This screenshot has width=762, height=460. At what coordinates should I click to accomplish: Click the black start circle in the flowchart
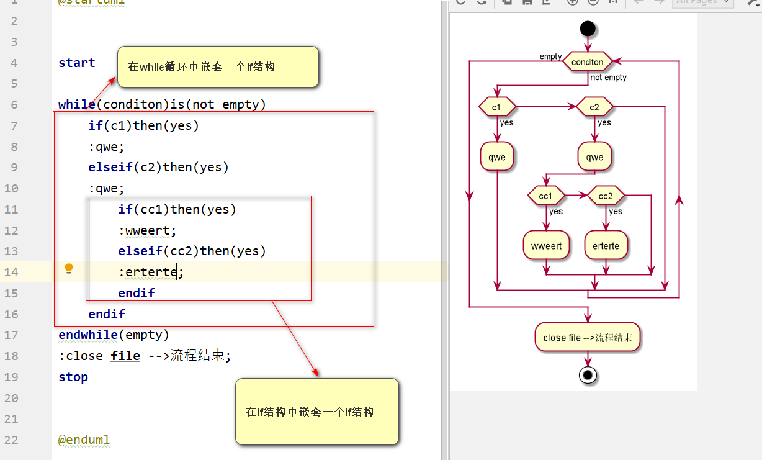(x=587, y=29)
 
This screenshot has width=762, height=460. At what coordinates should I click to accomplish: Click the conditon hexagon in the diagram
(x=587, y=62)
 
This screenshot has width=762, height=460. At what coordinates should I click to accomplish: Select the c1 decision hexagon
(x=497, y=107)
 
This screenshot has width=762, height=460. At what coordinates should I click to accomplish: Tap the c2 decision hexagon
(x=594, y=107)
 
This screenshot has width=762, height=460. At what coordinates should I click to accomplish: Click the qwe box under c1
(x=497, y=157)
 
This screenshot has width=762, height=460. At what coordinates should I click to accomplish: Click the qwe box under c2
(x=594, y=157)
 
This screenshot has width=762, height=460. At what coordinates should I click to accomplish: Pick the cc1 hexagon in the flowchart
(x=545, y=196)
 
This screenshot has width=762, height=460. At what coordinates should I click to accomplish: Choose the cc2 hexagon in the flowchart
(x=606, y=196)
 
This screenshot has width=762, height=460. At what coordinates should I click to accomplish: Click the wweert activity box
(x=546, y=246)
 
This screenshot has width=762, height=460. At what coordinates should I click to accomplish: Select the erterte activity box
(x=606, y=246)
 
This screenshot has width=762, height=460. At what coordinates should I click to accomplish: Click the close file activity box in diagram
(x=587, y=338)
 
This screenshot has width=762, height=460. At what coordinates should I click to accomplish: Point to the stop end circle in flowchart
(x=587, y=374)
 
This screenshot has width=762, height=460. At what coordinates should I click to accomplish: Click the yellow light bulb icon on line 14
(x=69, y=269)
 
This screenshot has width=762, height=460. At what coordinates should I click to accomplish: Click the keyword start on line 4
(x=77, y=63)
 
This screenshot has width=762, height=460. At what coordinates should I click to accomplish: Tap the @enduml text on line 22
(x=84, y=440)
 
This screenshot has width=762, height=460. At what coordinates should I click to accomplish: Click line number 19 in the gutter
(x=12, y=377)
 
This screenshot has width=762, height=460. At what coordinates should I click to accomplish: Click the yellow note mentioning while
(x=218, y=66)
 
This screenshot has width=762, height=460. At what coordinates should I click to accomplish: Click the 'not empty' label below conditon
(x=608, y=78)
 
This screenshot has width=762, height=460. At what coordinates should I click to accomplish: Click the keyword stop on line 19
(x=73, y=377)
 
